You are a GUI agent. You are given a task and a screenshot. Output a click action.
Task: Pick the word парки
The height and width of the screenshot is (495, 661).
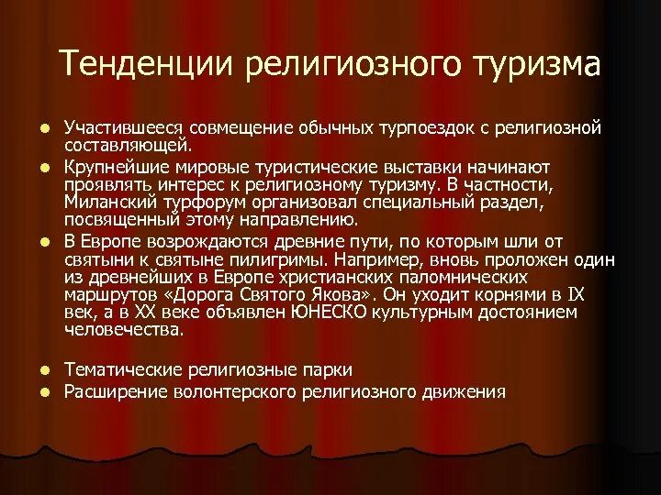(x=328, y=369)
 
